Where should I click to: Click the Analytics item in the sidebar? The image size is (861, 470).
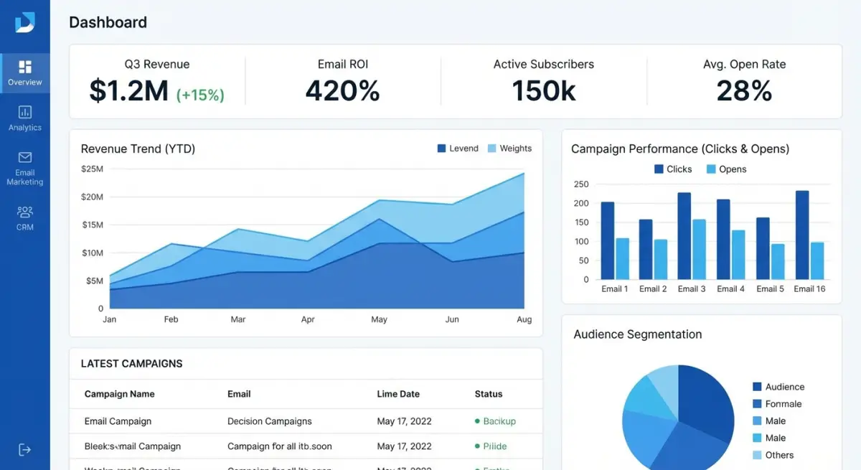[x=25, y=118]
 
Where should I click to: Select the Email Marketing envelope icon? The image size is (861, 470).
[x=25, y=157]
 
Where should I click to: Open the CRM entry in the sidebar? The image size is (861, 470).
[x=25, y=218]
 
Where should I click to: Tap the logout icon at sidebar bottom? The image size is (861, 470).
[x=25, y=450]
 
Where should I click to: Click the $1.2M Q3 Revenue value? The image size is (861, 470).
[x=129, y=91]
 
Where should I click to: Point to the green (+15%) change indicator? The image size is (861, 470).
[x=200, y=94]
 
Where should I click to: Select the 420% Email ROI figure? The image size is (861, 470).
[x=342, y=91]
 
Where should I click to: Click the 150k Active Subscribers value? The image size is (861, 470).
[x=543, y=91]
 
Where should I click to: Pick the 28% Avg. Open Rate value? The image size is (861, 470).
[x=744, y=91]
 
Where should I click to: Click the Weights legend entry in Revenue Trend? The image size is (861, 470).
[x=509, y=149]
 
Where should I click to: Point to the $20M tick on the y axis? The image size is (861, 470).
[x=92, y=197]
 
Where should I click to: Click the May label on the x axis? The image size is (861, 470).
[x=379, y=319]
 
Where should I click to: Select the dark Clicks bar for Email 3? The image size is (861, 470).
[x=684, y=236]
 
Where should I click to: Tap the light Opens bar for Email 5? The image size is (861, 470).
[x=778, y=262]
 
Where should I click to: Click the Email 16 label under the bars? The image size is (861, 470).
[x=809, y=288]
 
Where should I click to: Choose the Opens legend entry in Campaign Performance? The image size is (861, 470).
[x=726, y=169]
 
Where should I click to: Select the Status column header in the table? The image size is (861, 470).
[x=489, y=394]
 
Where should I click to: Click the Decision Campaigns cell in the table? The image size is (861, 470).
[x=269, y=421]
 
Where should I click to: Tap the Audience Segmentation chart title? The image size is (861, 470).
[x=637, y=334]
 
